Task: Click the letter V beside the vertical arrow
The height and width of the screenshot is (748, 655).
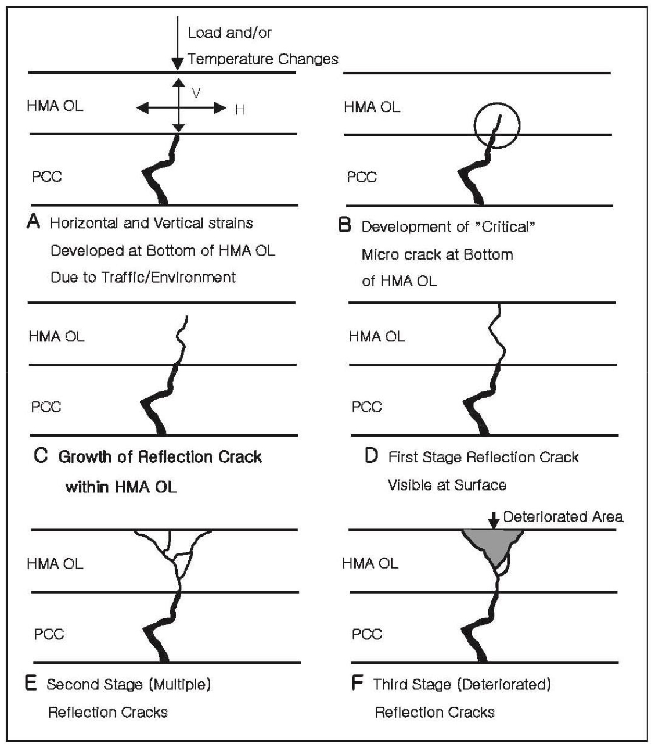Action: click(x=196, y=93)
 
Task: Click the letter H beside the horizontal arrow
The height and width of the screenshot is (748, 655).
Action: click(x=240, y=110)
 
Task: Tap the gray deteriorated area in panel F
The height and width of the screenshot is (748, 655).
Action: click(x=493, y=545)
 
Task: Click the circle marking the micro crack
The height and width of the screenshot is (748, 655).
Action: click(x=475, y=125)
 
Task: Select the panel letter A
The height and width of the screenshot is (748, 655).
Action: click(x=34, y=221)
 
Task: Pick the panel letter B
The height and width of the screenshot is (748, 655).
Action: click(x=345, y=225)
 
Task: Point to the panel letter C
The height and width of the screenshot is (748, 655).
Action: click(x=41, y=455)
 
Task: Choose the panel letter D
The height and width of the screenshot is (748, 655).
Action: click(x=372, y=455)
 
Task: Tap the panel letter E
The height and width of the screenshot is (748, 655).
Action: click(x=31, y=682)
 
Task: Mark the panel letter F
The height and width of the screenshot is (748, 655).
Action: click(x=357, y=682)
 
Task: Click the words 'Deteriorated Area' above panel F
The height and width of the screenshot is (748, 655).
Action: click(x=563, y=517)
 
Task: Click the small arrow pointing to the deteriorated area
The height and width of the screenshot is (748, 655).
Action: click(x=494, y=520)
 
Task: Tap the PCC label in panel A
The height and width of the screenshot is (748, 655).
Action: click(x=47, y=177)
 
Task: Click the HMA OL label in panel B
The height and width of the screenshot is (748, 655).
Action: click(x=372, y=107)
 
